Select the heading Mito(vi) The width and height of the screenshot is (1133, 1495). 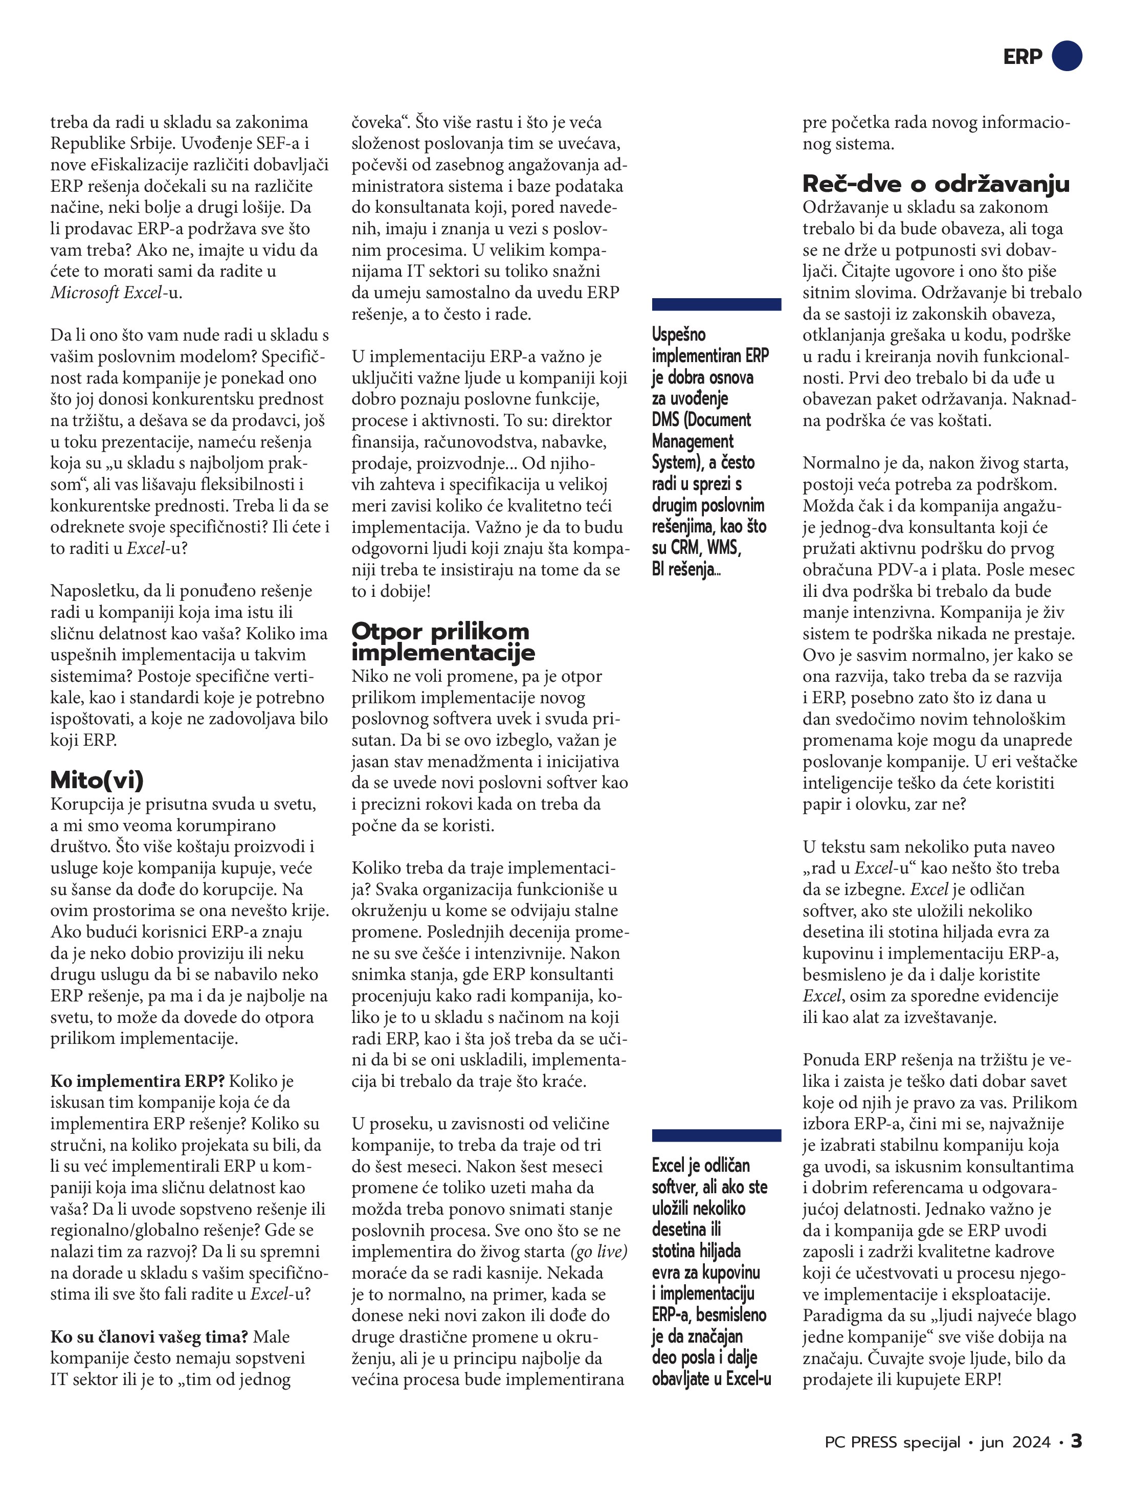pos(97,780)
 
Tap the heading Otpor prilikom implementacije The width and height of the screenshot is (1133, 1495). pos(443,641)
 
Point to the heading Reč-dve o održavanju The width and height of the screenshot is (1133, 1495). pos(936,184)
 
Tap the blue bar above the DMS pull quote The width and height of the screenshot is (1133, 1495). pos(716,304)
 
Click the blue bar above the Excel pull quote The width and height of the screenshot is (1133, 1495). pos(716,1135)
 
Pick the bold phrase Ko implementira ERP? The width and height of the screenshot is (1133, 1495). pos(137,1081)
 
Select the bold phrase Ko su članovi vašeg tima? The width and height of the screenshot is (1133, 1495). pos(149,1337)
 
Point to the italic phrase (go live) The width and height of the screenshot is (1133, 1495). pos(599,1252)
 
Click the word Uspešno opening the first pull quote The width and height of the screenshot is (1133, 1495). pos(678,334)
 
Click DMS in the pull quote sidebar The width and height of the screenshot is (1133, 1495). pos(665,420)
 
